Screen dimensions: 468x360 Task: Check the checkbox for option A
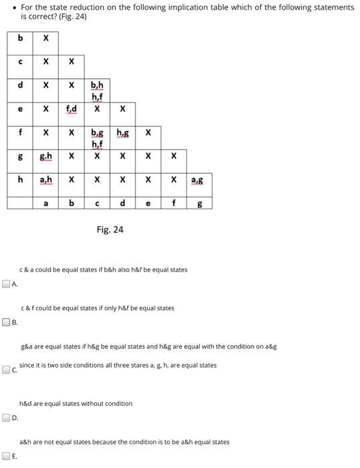coord(6,283)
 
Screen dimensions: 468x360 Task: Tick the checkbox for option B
coord(6,322)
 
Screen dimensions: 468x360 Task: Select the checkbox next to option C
coord(6,368)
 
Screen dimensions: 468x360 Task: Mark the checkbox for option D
coord(6,418)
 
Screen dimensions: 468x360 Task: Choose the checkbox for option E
coord(6,457)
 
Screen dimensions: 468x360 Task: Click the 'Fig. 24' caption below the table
coord(110,229)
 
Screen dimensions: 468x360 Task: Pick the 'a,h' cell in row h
coord(46,179)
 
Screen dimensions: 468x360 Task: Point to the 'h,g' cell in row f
coord(122,132)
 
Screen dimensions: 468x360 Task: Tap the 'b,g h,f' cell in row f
coord(97,136)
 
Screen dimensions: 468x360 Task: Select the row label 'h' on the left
coord(21,179)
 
